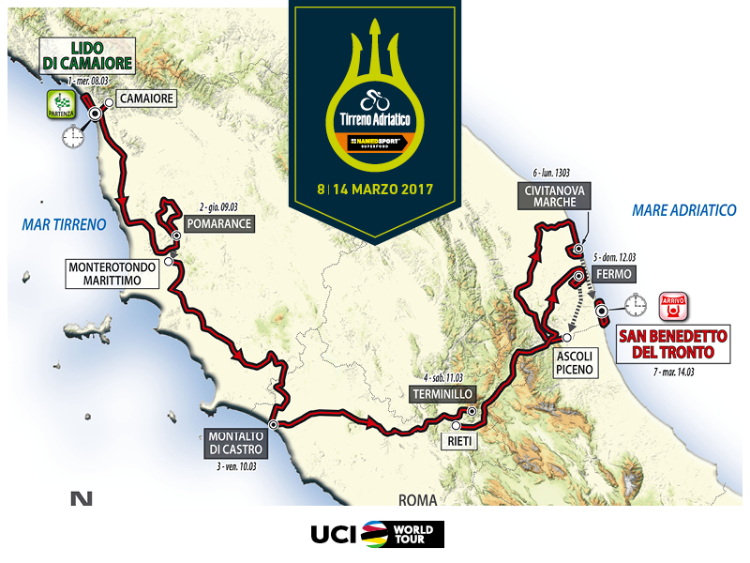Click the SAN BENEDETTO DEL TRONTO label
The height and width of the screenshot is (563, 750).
click(671, 344)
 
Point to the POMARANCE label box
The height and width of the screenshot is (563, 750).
click(219, 225)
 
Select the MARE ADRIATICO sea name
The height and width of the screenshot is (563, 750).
click(684, 210)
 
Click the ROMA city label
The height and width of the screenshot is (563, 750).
click(417, 500)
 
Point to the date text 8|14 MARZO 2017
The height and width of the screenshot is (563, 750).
click(374, 187)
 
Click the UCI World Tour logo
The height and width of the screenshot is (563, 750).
click(377, 534)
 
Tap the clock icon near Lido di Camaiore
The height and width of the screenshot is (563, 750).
click(72, 138)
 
